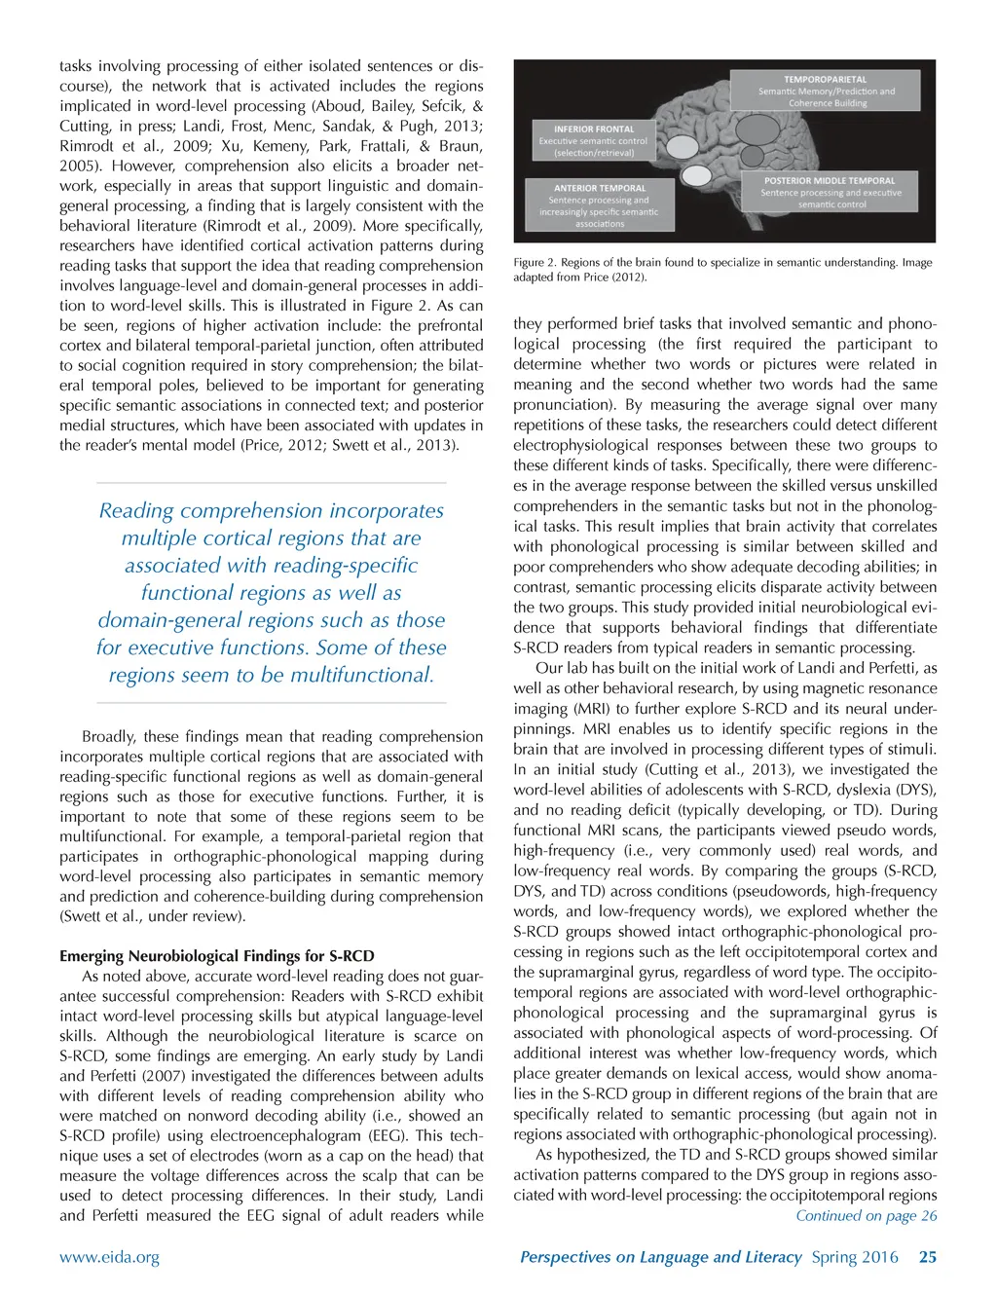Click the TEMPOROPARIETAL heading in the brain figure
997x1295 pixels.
tap(825, 80)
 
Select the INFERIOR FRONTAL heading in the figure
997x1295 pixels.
tap(594, 129)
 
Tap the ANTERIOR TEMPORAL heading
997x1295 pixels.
tap(600, 188)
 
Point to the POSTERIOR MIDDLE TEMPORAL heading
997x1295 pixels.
tap(830, 180)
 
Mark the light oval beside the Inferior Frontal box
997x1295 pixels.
tap(682, 147)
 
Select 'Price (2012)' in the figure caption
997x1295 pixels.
tap(613, 277)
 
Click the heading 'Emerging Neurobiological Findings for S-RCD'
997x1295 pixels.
tap(217, 956)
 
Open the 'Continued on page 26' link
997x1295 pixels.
tap(866, 1215)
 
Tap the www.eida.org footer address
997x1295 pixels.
tap(109, 1257)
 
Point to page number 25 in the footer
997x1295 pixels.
tap(928, 1257)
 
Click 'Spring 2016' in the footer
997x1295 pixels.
tap(855, 1257)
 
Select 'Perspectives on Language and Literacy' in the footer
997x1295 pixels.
tap(660, 1257)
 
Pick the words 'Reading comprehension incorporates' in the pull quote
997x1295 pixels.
tap(271, 511)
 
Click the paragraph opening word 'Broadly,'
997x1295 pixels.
tap(109, 737)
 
